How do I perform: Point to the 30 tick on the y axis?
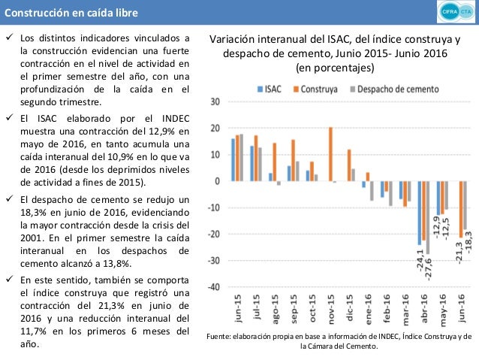215,101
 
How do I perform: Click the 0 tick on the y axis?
217,181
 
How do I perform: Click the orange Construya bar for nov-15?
331,154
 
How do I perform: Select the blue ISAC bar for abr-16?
420,213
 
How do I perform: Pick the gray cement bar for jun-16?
465,205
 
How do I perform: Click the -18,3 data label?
468,244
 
